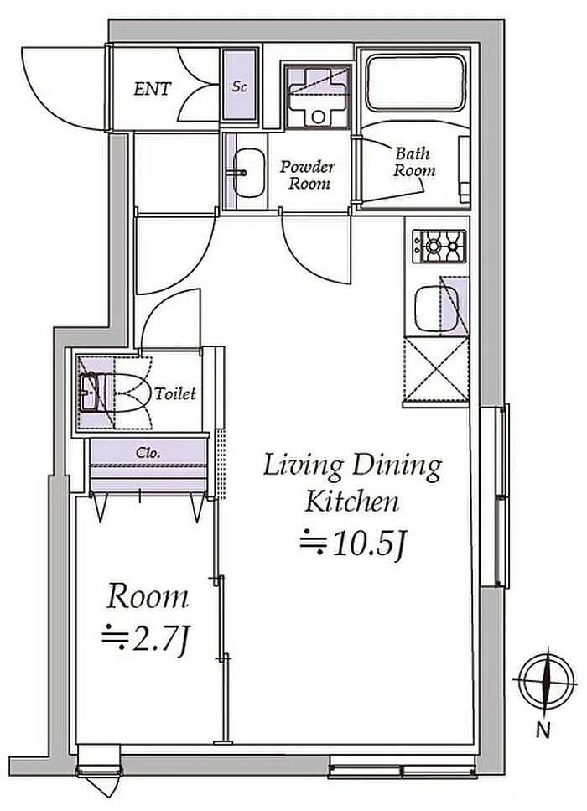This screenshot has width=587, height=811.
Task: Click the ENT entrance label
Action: [x=152, y=89]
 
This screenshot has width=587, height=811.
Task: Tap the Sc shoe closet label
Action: [x=239, y=86]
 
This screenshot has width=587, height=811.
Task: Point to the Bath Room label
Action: [x=413, y=162]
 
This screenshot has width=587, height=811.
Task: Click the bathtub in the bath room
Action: [x=416, y=83]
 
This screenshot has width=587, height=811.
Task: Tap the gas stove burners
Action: [x=439, y=247]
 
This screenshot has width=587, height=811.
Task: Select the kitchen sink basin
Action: [x=436, y=309]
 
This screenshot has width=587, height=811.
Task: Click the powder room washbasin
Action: [x=248, y=173]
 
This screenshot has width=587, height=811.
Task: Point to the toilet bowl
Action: [x=127, y=393]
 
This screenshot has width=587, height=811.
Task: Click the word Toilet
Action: [x=176, y=394]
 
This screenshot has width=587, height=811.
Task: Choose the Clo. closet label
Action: [x=148, y=453]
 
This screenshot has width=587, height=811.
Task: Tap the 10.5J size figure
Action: [x=351, y=545]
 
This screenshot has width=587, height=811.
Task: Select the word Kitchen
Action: [x=351, y=502]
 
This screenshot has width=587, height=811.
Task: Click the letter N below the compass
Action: [x=543, y=730]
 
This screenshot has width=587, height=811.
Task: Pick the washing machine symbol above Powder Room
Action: [x=318, y=96]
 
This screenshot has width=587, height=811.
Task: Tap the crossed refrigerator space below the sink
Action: [x=437, y=369]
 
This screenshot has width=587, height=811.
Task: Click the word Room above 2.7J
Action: [x=148, y=597]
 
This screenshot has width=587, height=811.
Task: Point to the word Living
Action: [x=303, y=466]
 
